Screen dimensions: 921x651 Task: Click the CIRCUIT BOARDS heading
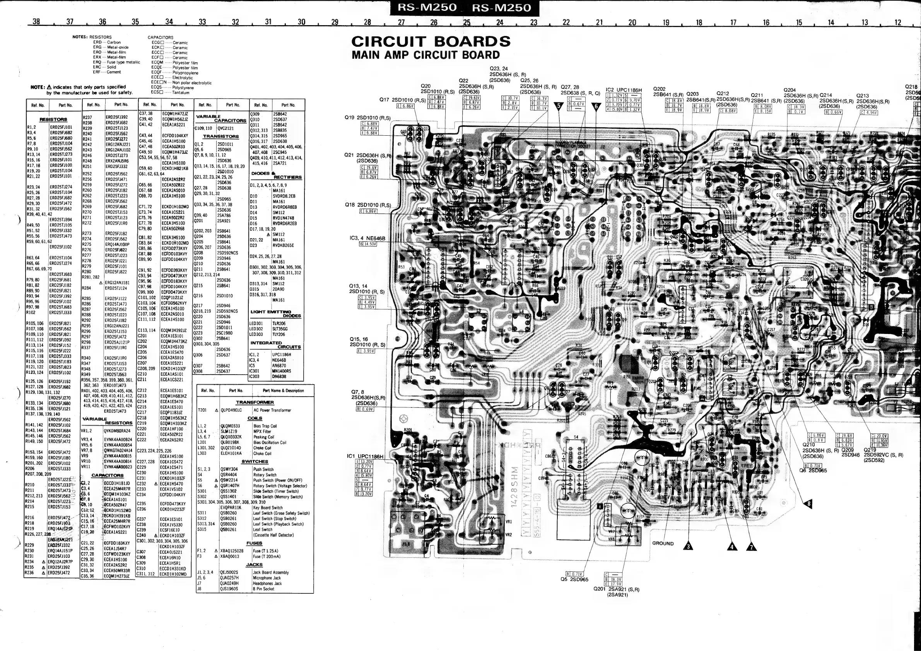point(431,41)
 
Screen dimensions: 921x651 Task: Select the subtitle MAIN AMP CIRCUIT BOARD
point(425,55)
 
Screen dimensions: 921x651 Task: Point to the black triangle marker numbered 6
point(596,106)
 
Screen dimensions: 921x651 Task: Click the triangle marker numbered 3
point(689,546)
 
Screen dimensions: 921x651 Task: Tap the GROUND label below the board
point(663,544)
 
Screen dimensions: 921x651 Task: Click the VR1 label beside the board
point(509,522)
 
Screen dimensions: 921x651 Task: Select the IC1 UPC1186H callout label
point(365,457)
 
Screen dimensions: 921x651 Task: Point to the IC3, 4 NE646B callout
point(367,238)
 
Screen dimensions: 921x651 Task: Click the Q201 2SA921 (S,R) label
point(616,589)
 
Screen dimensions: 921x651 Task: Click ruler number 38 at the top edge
point(36,22)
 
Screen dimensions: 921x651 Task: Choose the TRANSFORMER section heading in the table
point(255,402)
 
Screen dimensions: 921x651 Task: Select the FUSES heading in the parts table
point(254,543)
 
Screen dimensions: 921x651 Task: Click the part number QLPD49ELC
point(231,410)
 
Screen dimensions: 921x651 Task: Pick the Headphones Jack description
point(267,583)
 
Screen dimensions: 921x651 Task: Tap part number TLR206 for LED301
point(279,324)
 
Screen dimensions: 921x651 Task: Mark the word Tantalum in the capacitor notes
point(181,93)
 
